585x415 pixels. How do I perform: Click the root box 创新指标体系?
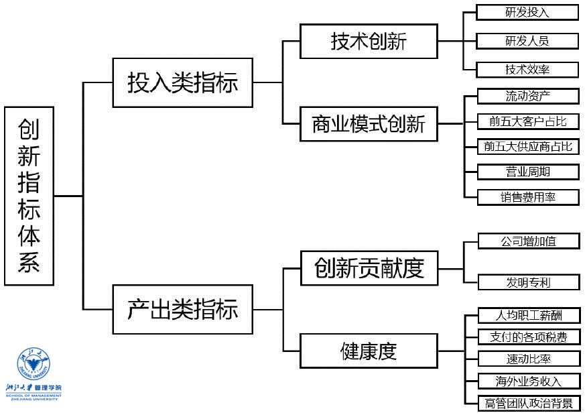click(29, 196)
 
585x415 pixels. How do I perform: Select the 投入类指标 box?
click(182, 82)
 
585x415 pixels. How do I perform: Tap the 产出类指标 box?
click(182, 309)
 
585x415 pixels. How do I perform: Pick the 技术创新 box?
click(369, 42)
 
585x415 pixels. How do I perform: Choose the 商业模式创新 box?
click(369, 123)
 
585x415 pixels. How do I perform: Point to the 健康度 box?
click(369, 350)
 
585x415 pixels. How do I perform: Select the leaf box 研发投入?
click(527, 12)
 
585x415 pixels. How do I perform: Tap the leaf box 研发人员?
click(527, 40)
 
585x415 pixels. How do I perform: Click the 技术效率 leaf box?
click(527, 69)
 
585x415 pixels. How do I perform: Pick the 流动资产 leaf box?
click(528, 96)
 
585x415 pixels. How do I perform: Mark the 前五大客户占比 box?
click(528, 121)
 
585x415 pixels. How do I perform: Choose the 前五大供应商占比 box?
click(528, 146)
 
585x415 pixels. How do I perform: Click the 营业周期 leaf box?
click(528, 171)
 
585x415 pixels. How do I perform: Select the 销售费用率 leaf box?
click(528, 196)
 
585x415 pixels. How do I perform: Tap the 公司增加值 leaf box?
click(528, 241)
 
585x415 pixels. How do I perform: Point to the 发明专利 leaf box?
click(528, 282)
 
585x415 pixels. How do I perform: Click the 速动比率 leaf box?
click(528, 359)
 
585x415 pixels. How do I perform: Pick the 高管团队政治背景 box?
click(528, 403)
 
